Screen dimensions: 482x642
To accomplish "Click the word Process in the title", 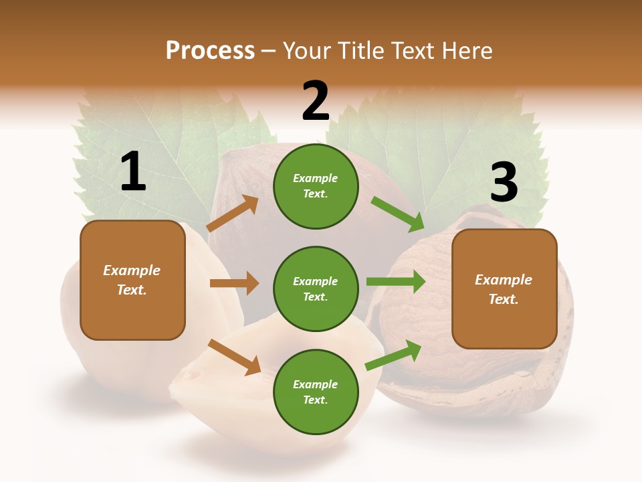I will (x=210, y=51).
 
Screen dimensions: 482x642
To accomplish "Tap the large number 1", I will (x=133, y=172).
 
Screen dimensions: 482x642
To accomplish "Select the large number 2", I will (x=316, y=101).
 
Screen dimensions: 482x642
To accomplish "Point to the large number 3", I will (x=504, y=183).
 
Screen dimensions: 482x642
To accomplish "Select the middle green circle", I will (x=316, y=289).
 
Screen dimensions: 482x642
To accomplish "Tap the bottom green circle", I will (x=316, y=392).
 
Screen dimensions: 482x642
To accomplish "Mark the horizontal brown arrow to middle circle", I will (x=235, y=283).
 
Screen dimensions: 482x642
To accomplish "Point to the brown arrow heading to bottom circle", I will (x=235, y=357).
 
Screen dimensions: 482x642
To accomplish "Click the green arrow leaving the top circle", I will (x=398, y=214).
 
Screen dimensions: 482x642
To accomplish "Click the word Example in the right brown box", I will (x=504, y=280).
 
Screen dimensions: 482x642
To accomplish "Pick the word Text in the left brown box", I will (x=131, y=290).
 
